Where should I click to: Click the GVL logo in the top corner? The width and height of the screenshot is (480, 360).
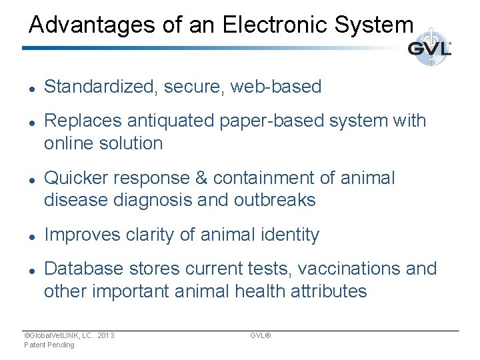click(x=429, y=49)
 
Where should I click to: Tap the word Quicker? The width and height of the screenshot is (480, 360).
click(x=75, y=178)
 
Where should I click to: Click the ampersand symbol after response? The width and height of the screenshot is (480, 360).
click(x=203, y=178)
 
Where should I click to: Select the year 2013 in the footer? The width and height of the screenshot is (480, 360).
click(x=105, y=335)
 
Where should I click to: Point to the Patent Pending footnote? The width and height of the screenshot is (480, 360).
click(x=49, y=345)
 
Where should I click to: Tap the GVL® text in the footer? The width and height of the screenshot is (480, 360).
click(x=260, y=335)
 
